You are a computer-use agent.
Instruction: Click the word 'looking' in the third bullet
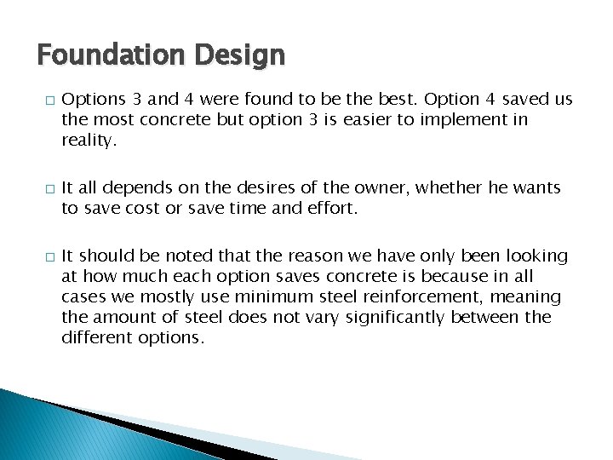pyautogui.click(x=536, y=256)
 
